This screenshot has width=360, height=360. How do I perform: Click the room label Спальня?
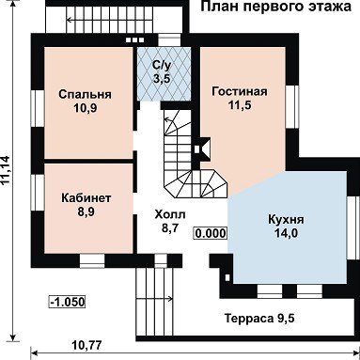pyautogui.click(x=85, y=94)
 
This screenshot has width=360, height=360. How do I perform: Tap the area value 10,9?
pyautogui.click(x=86, y=108)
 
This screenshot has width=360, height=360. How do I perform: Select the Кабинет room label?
pyautogui.click(x=86, y=198)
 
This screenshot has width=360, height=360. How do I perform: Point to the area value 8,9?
pyautogui.click(x=86, y=212)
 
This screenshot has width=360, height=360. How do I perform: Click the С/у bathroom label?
pyautogui.click(x=162, y=65)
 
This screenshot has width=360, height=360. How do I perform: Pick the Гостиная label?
pyautogui.click(x=240, y=91)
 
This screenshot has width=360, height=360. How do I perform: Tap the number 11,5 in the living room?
pyautogui.click(x=240, y=105)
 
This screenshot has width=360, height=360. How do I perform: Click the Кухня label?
pyautogui.click(x=286, y=219)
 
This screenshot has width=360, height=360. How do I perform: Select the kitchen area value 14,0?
pyautogui.click(x=286, y=233)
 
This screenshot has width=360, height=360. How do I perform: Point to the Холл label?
pyautogui.click(x=170, y=214)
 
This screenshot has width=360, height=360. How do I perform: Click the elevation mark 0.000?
pyautogui.click(x=211, y=233)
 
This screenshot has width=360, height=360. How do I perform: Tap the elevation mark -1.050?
pyautogui.click(x=68, y=303)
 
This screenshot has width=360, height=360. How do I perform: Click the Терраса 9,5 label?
pyautogui.click(x=259, y=319)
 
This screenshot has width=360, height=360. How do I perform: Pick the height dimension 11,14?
pyautogui.click(x=6, y=171)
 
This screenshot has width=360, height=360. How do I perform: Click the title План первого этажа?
pyautogui.click(x=275, y=7)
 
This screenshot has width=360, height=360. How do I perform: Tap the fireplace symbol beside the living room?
pyautogui.click(x=201, y=149)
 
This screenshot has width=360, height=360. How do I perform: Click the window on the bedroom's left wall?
pyautogui.click(x=38, y=108)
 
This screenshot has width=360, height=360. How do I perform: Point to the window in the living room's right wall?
pyautogui.click(x=291, y=106)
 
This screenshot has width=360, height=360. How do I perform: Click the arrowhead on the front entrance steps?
pyautogui.click(x=170, y=299)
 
